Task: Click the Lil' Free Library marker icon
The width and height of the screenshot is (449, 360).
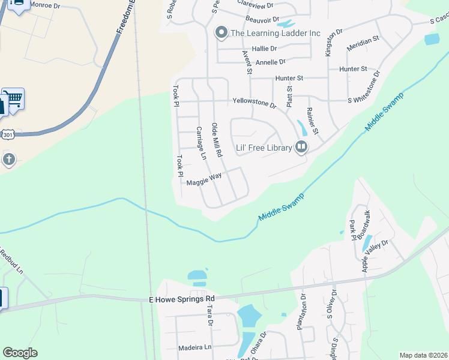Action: tap(301, 146)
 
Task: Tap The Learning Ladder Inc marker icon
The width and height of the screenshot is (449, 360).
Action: tap(221, 33)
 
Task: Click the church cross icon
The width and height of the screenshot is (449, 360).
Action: tap(8, 160)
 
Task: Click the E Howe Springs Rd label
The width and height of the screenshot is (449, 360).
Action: tap(181, 299)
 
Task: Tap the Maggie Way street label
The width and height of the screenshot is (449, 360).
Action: tap(204, 179)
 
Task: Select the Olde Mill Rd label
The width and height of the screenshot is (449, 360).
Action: tap(217, 141)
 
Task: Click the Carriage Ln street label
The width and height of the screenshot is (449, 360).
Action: tap(201, 143)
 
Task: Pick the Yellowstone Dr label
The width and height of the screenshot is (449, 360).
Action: tap(254, 103)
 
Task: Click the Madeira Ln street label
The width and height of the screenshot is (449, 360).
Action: tap(195, 347)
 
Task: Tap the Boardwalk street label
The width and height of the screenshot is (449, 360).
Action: tap(363, 226)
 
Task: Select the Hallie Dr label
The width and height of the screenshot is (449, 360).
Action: tap(264, 49)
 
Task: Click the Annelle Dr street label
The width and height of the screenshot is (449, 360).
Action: tap(270, 62)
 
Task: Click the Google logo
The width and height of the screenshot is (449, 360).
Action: tap(20, 353)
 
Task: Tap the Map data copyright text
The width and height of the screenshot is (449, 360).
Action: tap(423, 355)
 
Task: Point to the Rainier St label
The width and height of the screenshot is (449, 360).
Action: tap(313, 121)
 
